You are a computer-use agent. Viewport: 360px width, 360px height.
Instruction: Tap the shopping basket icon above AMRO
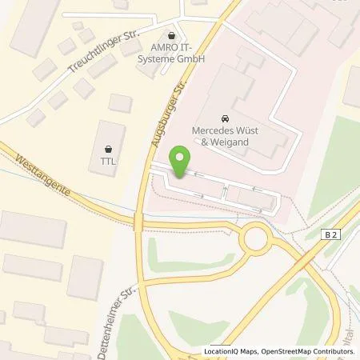[x=171, y=35]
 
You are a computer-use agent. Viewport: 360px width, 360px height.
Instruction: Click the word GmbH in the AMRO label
[x=191, y=58]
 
